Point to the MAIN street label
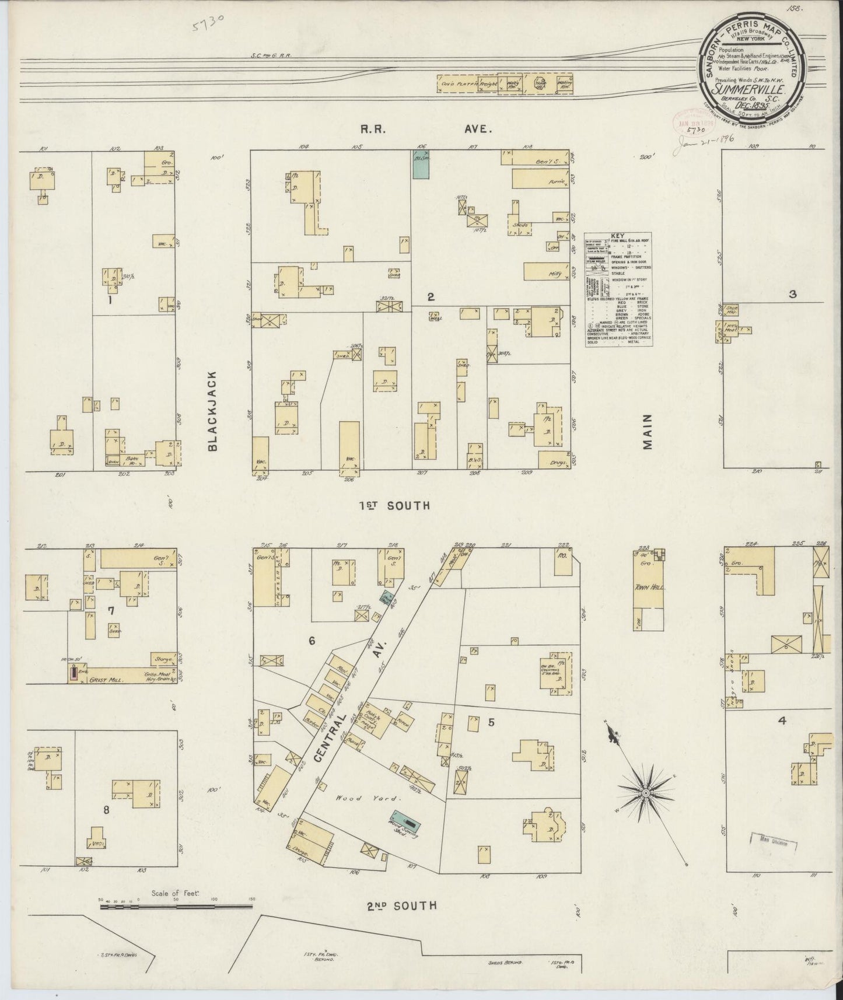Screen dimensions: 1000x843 coord(647,436)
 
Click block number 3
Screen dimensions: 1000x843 coord(792,295)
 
